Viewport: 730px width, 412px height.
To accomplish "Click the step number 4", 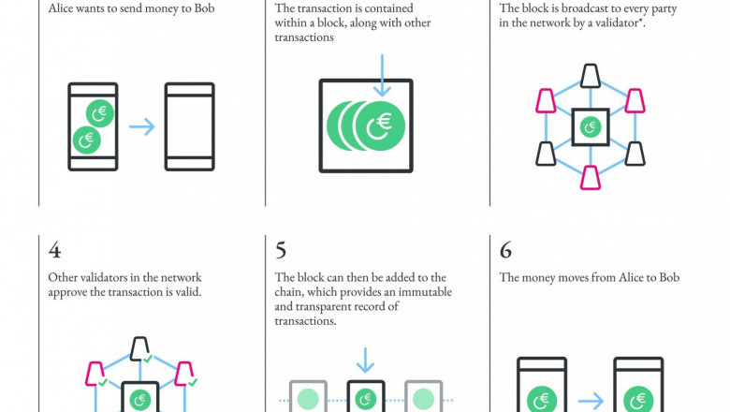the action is [54, 250].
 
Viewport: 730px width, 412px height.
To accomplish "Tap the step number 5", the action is [280, 250].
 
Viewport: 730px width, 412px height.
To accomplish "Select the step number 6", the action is [505, 250].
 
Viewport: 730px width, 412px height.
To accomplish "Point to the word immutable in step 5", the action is [425, 292].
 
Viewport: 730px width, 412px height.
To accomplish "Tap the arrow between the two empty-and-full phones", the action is [141, 126].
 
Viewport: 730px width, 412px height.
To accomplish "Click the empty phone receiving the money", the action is [189, 126].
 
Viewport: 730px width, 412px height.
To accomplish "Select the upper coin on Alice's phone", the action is [100, 113].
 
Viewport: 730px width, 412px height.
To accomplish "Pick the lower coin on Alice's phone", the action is [87, 140].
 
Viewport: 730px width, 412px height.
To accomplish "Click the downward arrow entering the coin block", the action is [382, 76].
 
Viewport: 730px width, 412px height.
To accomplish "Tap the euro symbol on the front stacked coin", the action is [384, 122].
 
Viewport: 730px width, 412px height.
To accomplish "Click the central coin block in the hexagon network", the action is [591, 127].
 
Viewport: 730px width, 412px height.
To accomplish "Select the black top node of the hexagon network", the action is [591, 76].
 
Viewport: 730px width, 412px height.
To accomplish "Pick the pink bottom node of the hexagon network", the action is [591, 178].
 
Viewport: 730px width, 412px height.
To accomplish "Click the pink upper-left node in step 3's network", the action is [546, 101].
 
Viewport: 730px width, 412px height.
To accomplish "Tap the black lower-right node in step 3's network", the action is [635, 154].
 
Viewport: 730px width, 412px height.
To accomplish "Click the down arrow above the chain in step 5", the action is [365, 360].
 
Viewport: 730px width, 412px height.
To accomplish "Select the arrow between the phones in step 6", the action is [591, 401].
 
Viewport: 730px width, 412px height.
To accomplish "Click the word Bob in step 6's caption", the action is [669, 277].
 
